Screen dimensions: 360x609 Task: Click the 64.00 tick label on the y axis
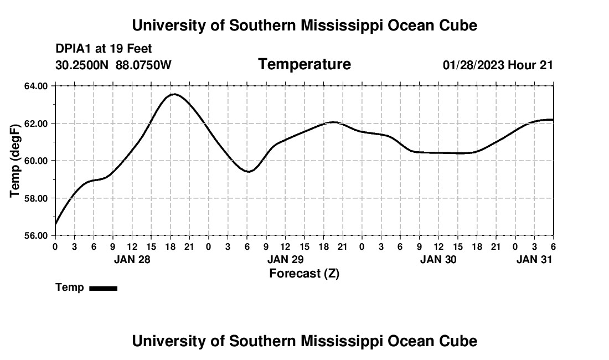[36, 86]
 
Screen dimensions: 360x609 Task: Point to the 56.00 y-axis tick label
[36, 235]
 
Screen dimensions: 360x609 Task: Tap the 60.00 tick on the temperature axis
[36, 161]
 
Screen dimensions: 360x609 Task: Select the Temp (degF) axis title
[16, 161]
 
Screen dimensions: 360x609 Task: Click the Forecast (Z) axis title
[304, 273]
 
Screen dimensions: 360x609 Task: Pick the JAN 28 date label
[132, 259]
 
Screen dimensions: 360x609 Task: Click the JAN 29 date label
[285, 259]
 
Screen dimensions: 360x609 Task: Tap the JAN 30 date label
[438, 259]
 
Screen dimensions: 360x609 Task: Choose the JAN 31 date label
[534, 259]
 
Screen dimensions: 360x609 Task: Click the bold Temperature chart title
[304, 64]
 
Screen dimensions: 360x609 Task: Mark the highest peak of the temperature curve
[174, 94]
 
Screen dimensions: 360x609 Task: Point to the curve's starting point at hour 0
[55, 224]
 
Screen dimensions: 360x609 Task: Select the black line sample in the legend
[103, 288]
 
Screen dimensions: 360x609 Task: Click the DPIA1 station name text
[74, 49]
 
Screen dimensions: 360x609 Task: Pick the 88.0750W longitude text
[143, 65]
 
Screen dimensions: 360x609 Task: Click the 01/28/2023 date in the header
[473, 65]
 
